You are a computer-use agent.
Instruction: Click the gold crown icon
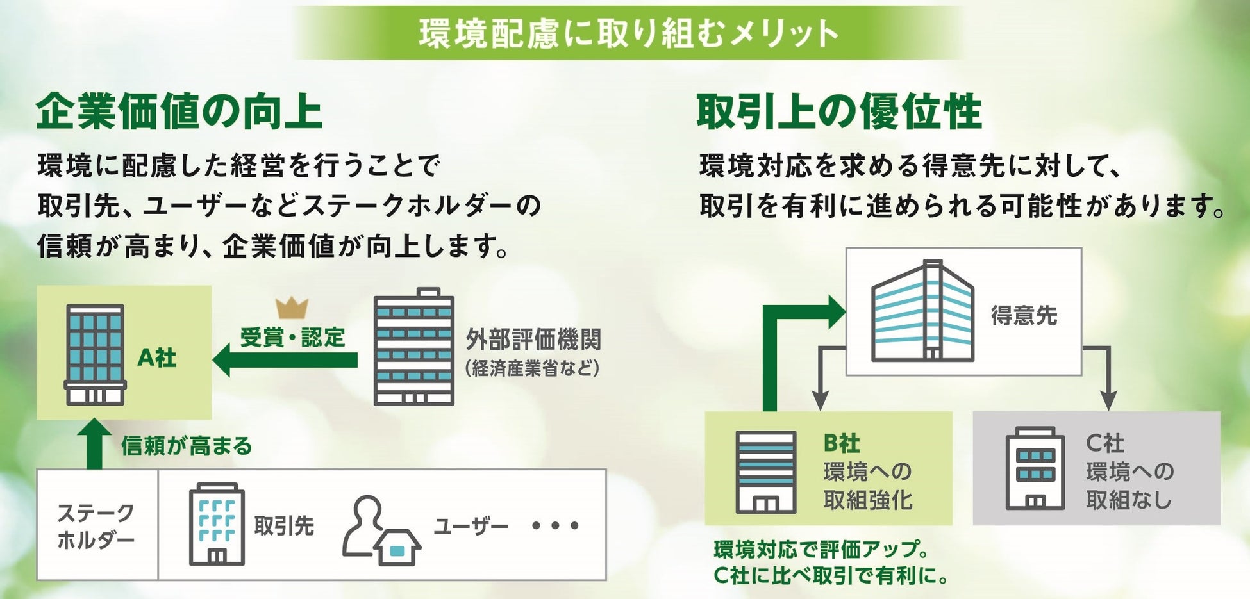(292, 308)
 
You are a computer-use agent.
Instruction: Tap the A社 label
(157, 357)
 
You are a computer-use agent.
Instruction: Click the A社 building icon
(95, 355)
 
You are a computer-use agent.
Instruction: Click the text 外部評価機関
(533, 340)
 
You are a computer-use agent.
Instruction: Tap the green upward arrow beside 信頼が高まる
(94, 444)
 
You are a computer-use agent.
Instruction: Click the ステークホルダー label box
(96, 526)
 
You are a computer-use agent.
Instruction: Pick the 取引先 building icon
(217, 525)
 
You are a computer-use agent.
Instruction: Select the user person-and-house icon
(381, 530)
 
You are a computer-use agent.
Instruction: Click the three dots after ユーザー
(555, 526)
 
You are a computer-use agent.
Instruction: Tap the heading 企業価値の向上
(179, 112)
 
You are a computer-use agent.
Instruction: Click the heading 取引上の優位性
(839, 112)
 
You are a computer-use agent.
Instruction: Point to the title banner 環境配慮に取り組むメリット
(628, 33)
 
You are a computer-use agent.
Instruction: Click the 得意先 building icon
(922, 311)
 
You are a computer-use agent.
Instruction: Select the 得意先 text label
(1024, 316)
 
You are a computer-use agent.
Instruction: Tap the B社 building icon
(766, 472)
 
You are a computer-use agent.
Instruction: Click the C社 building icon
(1035, 468)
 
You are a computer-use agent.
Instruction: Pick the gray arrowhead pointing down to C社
(1108, 400)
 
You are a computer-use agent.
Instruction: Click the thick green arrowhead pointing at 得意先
(836, 312)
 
